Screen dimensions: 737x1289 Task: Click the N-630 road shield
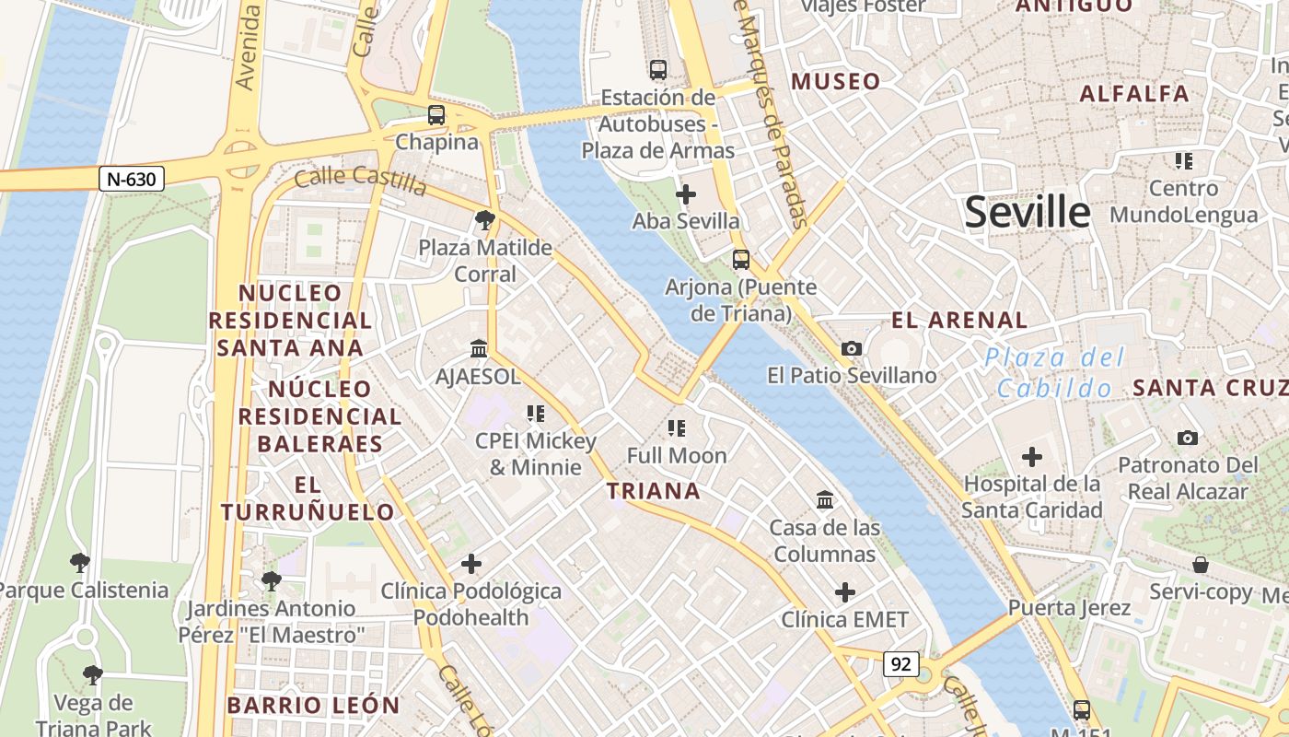[132, 179]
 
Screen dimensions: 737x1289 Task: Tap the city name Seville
[1027, 213]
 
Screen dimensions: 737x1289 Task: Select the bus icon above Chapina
[436, 115]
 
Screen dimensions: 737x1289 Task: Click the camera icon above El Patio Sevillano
[852, 348]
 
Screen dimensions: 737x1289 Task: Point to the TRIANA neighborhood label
[654, 491]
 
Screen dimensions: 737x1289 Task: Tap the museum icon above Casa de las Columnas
[825, 500]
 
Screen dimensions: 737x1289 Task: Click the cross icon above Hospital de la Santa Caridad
[1032, 456]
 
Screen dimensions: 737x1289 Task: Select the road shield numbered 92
[901, 663]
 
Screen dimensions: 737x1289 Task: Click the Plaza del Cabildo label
[1054, 373]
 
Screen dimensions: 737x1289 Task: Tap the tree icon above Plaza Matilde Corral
[484, 220]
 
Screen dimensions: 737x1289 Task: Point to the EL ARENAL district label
[959, 321]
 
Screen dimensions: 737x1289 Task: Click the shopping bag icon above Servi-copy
[1201, 564]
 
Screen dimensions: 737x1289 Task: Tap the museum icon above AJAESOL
[479, 348]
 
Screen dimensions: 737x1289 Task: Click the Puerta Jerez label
[1069, 608]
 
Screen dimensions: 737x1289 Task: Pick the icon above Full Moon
[677, 427]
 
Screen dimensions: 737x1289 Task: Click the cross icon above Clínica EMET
[844, 592]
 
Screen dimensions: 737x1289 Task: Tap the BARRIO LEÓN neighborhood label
[313, 706]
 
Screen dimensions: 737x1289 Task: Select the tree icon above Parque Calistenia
[80, 562]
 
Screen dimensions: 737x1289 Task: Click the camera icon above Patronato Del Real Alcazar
[1188, 438]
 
